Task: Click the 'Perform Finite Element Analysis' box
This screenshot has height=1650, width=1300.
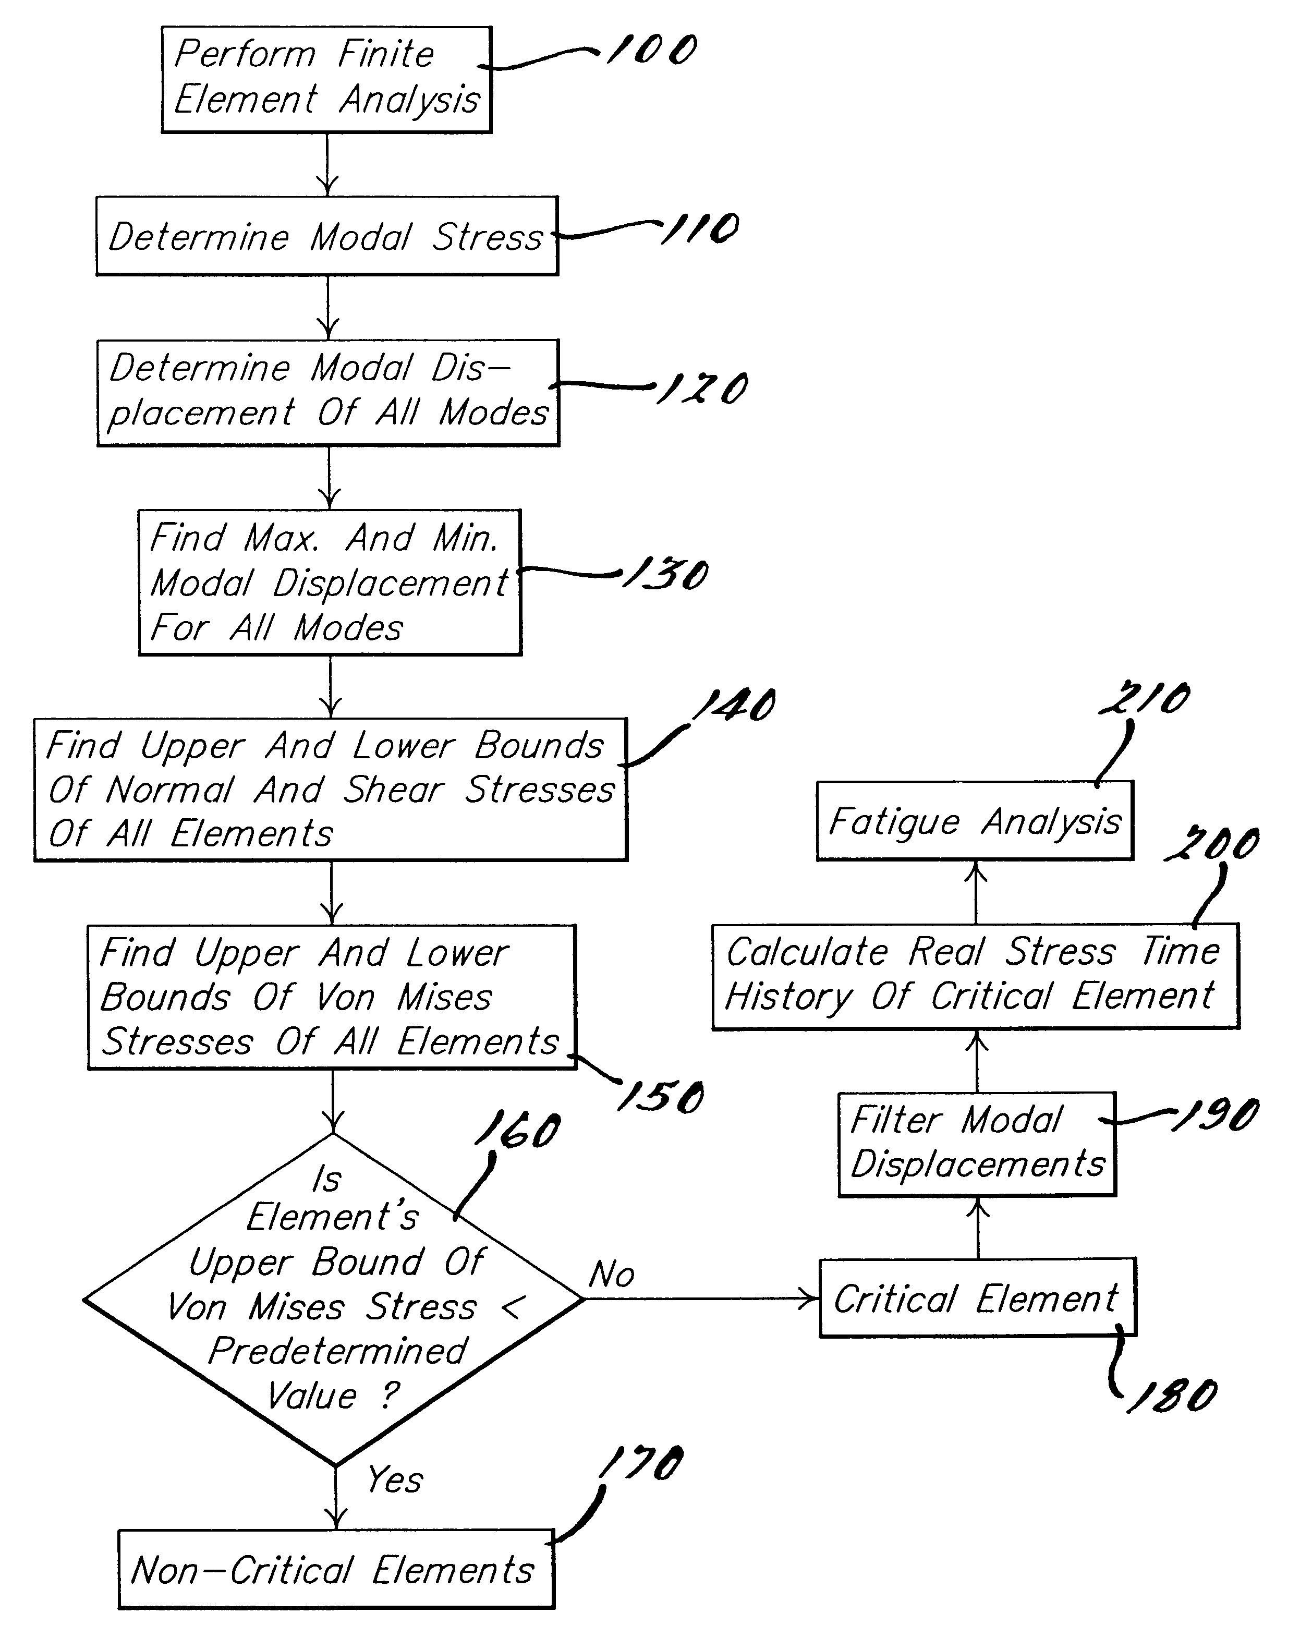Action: click(326, 80)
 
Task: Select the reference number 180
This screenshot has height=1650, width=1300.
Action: click(1172, 1395)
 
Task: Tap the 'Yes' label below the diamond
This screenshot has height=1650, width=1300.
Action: click(394, 1479)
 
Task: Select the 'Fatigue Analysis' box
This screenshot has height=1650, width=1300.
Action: click(975, 820)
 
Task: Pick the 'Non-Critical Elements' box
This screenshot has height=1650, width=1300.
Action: click(336, 1569)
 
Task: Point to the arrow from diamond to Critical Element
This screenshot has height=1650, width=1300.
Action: click(701, 1299)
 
